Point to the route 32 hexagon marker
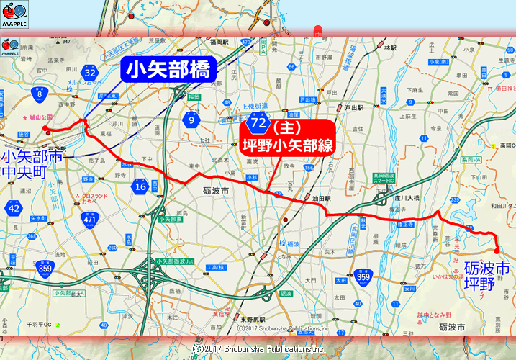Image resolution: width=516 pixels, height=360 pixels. click(89, 73)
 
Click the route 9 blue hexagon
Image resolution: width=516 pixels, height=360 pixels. click(192, 120)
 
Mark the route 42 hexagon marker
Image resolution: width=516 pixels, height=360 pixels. click(14, 209)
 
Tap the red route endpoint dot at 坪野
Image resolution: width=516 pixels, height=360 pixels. click(496, 250)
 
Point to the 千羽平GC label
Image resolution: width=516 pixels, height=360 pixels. click(32, 324)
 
